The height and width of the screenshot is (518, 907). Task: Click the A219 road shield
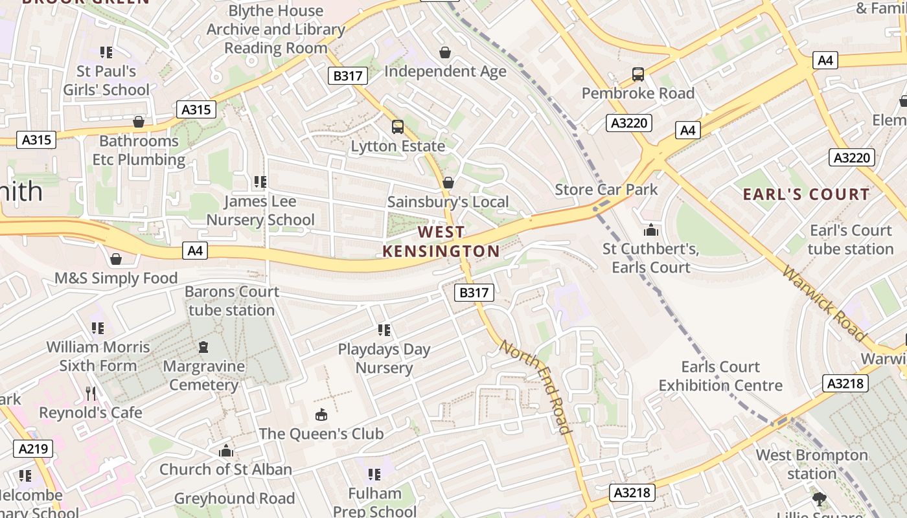tap(33, 449)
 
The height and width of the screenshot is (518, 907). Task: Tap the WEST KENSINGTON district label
tap(441, 242)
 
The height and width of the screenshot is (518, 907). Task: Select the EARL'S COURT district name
tap(806, 194)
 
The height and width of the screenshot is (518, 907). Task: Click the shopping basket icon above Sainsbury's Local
tap(448, 183)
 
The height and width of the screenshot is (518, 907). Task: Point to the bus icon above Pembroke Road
tap(638, 74)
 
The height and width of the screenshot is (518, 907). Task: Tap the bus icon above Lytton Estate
tap(398, 127)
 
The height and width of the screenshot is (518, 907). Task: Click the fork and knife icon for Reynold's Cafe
tap(91, 393)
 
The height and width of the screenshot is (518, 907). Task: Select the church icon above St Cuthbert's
tap(650, 230)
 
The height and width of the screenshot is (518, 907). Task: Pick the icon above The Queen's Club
tap(321, 414)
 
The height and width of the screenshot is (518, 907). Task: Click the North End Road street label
tap(536, 387)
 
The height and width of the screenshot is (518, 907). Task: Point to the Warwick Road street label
tap(823, 303)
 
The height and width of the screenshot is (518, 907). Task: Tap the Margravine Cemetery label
tap(203, 376)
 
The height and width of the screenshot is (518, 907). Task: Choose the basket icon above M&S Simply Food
tap(116, 259)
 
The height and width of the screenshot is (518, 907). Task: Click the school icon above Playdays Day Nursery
tap(384, 330)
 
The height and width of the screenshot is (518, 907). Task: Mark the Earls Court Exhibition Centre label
tap(720, 376)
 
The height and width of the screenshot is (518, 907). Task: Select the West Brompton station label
tap(812, 464)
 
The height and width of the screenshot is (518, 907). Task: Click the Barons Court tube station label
tap(232, 300)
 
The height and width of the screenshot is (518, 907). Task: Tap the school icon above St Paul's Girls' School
tap(106, 52)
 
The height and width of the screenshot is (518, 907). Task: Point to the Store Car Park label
tap(606, 190)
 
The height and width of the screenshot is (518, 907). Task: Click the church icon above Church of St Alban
tap(226, 451)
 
